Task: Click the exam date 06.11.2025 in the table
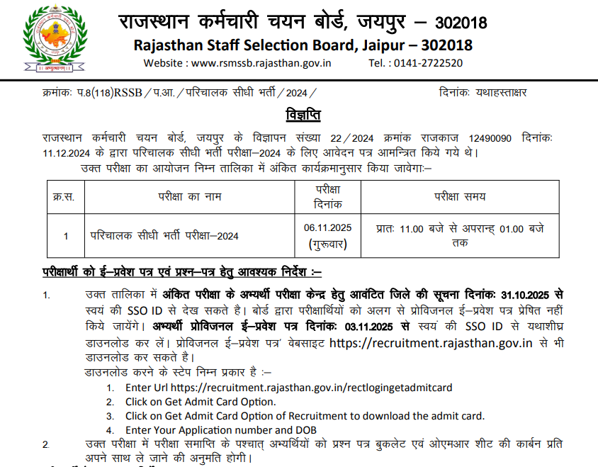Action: [x=328, y=227]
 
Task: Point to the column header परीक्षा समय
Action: [x=460, y=197]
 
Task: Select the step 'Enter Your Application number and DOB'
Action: [x=220, y=430]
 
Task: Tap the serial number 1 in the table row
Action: [x=66, y=236]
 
